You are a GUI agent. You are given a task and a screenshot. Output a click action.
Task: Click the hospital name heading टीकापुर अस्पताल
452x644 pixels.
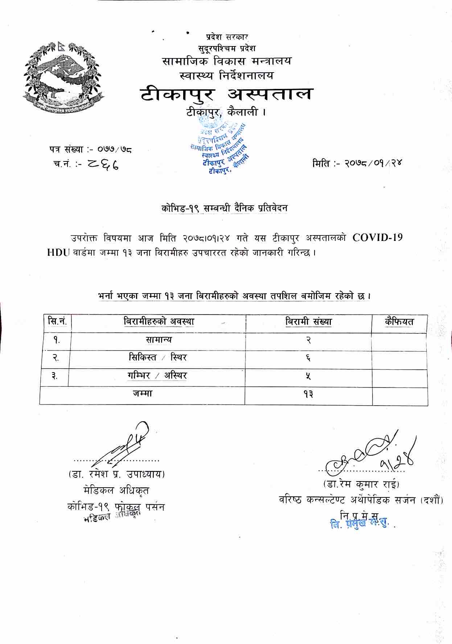click(x=226, y=94)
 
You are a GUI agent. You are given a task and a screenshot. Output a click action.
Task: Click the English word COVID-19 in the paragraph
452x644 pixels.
click(x=377, y=238)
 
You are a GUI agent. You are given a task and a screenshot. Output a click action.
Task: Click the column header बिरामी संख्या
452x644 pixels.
click(x=309, y=322)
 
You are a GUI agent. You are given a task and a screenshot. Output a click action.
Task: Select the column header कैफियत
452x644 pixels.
click(x=399, y=322)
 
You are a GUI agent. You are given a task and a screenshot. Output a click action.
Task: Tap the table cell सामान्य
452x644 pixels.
click(x=158, y=340)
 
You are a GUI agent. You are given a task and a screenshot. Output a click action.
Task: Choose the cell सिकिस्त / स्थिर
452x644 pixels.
click(x=158, y=358)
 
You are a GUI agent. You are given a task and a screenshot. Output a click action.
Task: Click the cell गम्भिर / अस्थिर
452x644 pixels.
click(x=157, y=376)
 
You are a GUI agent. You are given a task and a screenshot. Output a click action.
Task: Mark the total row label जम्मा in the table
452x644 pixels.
click(x=142, y=394)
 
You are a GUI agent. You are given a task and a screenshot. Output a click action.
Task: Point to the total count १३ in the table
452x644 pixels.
click(x=309, y=394)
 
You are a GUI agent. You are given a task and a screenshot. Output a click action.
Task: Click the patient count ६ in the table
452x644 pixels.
click(x=309, y=358)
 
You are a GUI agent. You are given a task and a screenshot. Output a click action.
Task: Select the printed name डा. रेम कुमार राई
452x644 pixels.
click(x=361, y=484)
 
